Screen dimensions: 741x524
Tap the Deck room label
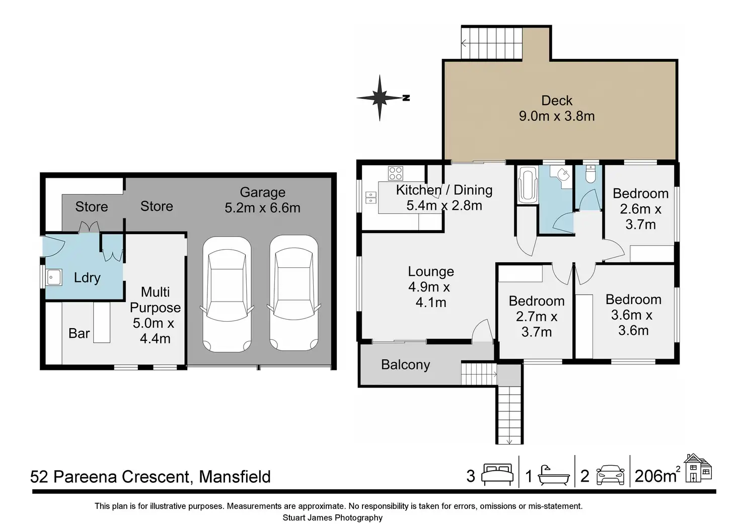tap(557, 101)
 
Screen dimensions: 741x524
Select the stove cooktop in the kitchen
tap(395, 173)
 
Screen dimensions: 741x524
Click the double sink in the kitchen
tap(371, 198)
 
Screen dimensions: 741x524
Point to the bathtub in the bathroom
tap(528, 185)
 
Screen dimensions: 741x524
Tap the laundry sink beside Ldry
tap(54, 277)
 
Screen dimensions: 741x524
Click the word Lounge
tap(431, 271)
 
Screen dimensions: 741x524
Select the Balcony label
tap(406, 364)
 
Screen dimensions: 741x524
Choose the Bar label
tap(79, 333)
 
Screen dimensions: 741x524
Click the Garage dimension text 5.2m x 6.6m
tap(262, 208)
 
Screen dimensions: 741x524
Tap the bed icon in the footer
tap(497, 474)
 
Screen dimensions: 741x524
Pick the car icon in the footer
tap(610, 475)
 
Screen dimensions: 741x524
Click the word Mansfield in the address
tap(235, 477)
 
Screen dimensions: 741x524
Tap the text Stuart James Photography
tap(332, 518)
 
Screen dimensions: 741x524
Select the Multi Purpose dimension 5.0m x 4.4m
tap(154, 331)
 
